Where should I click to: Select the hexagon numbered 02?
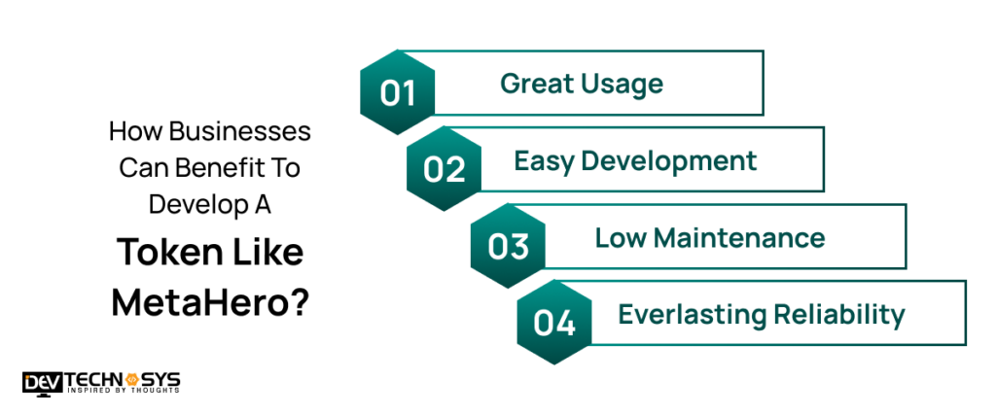coord(445,168)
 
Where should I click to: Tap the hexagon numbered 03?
coord(508,246)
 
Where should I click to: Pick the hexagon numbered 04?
coord(554,323)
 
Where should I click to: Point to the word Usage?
coord(624,84)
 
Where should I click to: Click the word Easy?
coord(544,160)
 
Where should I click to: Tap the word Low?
coord(618,237)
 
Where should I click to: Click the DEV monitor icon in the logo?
coord(42,381)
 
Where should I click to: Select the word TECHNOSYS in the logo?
coord(122,377)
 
